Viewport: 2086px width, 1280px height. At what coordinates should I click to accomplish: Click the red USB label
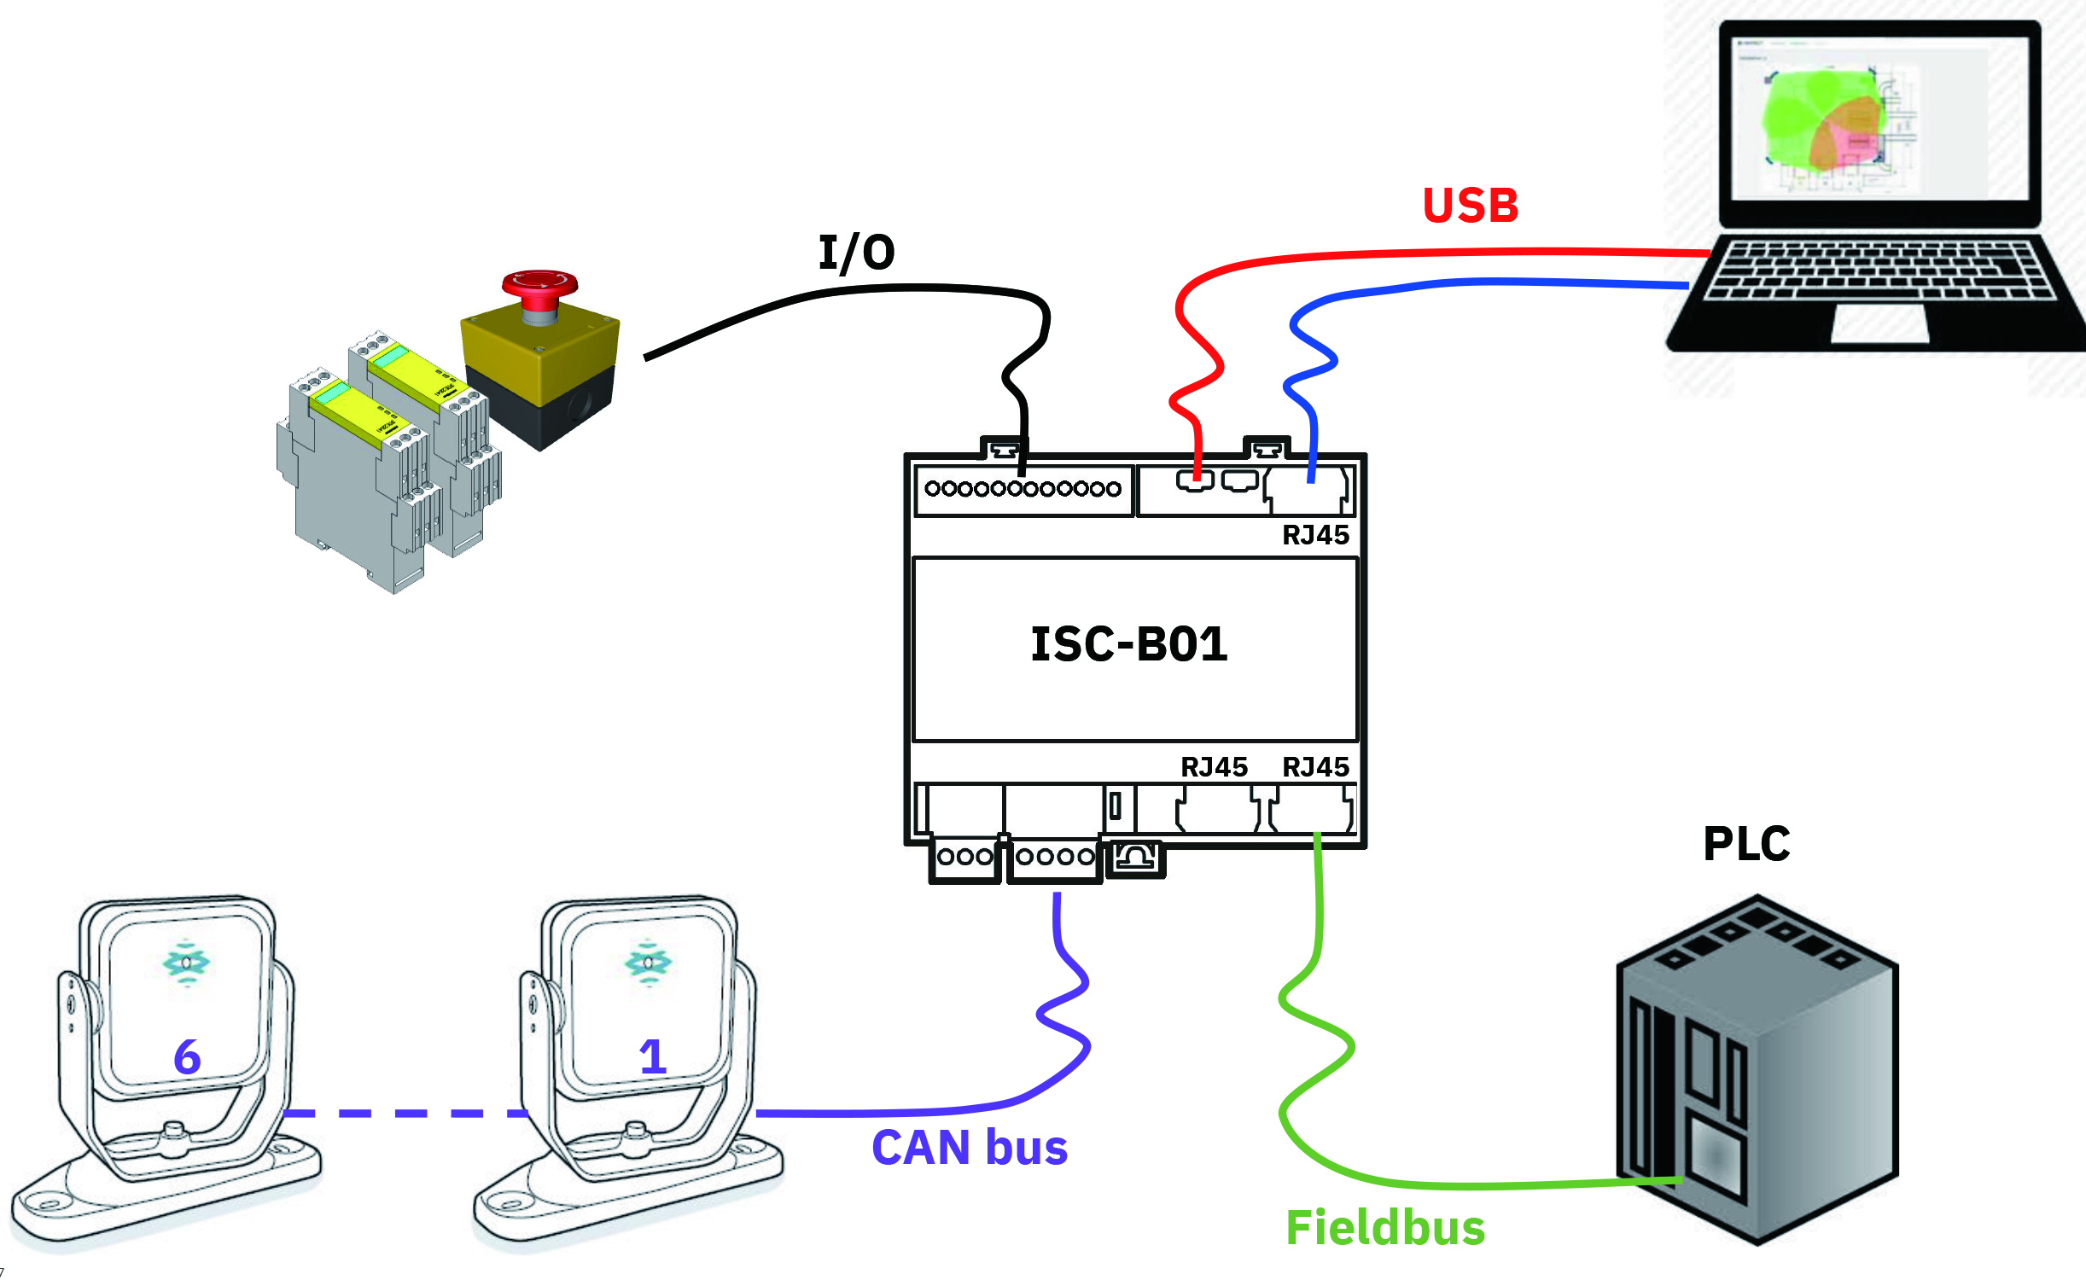[x=1470, y=206]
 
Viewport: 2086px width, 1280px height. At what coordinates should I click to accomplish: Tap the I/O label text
[x=856, y=253]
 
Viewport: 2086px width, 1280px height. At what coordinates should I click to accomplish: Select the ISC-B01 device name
[x=1129, y=644]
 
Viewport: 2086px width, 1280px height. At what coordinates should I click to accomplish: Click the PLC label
[x=1746, y=845]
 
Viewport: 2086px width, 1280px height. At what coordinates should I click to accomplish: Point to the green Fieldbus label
[x=1385, y=1228]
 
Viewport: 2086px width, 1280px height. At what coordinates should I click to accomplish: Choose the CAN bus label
[x=970, y=1147]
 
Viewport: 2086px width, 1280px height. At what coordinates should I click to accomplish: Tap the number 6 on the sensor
[x=187, y=1057]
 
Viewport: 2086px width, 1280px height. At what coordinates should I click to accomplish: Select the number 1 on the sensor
[x=653, y=1057]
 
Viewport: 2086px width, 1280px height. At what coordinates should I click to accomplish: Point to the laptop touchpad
[x=1879, y=323]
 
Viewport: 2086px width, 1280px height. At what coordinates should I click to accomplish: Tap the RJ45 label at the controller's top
[x=1315, y=535]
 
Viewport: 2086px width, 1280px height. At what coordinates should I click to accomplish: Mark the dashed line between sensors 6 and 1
[x=405, y=1113]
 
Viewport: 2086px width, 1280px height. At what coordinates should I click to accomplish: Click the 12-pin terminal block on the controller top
[x=1023, y=489]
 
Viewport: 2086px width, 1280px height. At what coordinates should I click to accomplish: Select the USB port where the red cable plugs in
[x=1195, y=481]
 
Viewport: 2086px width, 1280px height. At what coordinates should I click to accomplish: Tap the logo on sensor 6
[x=186, y=963]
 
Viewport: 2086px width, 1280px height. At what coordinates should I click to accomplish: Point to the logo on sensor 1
[x=649, y=963]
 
